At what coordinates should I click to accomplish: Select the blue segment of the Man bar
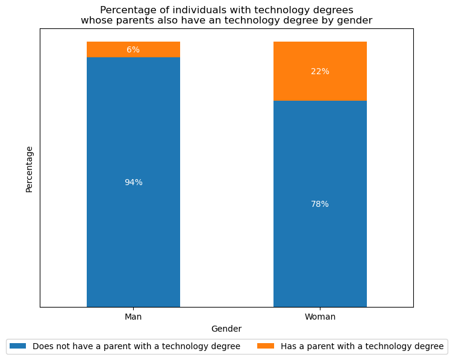(133, 229)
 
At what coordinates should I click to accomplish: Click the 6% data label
(133, 50)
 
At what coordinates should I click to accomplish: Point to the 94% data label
(133, 183)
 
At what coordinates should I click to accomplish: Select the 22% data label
(320, 72)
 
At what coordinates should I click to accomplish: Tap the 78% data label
(320, 204)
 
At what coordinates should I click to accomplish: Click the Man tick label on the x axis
(133, 317)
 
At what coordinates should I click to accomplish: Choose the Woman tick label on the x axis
(320, 317)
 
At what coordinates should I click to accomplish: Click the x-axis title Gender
(226, 329)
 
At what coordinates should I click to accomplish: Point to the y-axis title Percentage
(30, 169)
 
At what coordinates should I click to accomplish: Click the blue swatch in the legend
(18, 346)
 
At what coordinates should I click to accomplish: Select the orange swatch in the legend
(266, 346)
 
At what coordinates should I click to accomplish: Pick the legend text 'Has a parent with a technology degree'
(362, 346)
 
